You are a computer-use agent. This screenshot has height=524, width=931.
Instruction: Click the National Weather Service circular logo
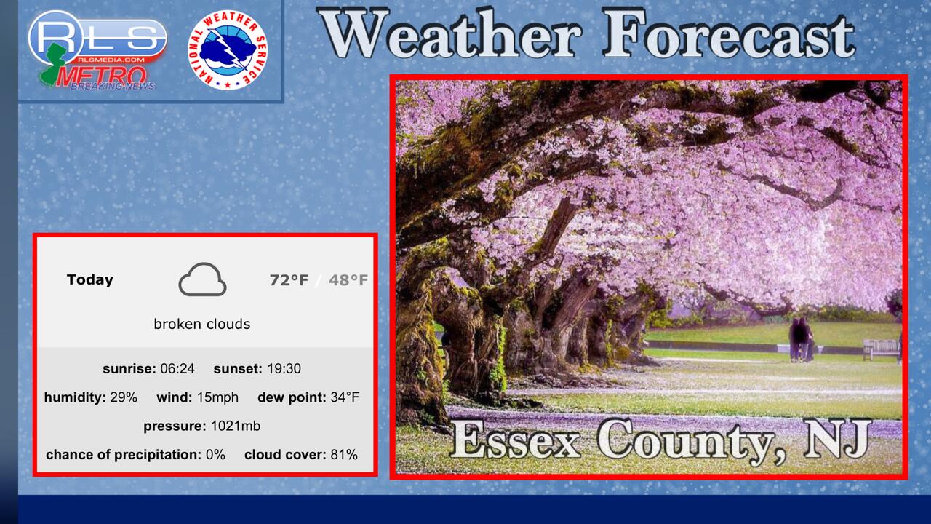pyautogui.click(x=228, y=50)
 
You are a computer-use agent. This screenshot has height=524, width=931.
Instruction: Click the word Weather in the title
pyautogui.click(x=450, y=34)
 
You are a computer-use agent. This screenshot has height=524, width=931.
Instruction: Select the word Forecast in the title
pyautogui.click(x=728, y=34)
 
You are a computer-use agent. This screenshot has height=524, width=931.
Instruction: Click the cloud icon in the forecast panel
pyautogui.click(x=202, y=279)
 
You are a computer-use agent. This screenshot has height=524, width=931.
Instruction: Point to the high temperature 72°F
pyautogui.click(x=289, y=280)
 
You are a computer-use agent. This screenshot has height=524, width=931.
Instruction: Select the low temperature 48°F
pyautogui.click(x=348, y=280)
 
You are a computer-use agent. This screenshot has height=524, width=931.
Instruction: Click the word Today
pyautogui.click(x=89, y=280)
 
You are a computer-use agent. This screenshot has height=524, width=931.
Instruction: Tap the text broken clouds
pyautogui.click(x=202, y=324)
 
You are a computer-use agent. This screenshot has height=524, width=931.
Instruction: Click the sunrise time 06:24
pyautogui.click(x=177, y=368)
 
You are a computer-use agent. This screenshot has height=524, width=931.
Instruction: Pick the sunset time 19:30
pyautogui.click(x=284, y=368)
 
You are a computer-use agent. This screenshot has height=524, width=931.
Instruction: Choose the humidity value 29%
pyautogui.click(x=124, y=397)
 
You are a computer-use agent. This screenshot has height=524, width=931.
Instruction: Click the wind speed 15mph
pyautogui.click(x=217, y=397)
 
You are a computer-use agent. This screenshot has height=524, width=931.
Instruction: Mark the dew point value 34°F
pyautogui.click(x=345, y=397)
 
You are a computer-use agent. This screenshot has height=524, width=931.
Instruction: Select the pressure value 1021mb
pyautogui.click(x=235, y=426)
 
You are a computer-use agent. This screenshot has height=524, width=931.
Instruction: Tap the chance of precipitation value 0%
pyautogui.click(x=215, y=455)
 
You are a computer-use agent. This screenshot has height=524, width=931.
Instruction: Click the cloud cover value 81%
pyautogui.click(x=344, y=455)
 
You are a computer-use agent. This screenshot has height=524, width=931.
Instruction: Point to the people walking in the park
pyautogui.click(x=802, y=339)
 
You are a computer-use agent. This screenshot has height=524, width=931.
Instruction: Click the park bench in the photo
pyautogui.click(x=880, y=349)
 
